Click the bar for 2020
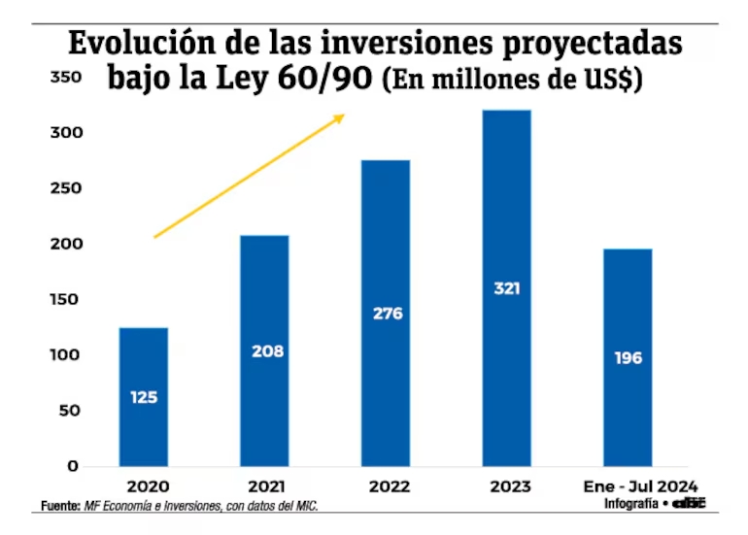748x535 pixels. (144, 396)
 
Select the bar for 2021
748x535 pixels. (264, 351)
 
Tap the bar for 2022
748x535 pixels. (386, 313)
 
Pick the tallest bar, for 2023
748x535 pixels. (506, 287)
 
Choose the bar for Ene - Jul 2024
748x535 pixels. (628, 357)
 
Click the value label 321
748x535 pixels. (506, 288)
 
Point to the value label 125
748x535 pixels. (144, 397)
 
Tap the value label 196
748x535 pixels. (628, 358)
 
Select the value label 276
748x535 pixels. (387, 314)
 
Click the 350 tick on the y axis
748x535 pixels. (64, 77)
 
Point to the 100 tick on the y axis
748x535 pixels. (64, 355)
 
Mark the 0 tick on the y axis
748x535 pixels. (72, 466)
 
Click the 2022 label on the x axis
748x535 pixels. (389, 485)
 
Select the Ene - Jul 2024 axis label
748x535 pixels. (639, 485)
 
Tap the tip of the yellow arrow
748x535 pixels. (344, 116)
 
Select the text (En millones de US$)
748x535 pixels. (513, 80)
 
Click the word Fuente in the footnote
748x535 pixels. (59, 506)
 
